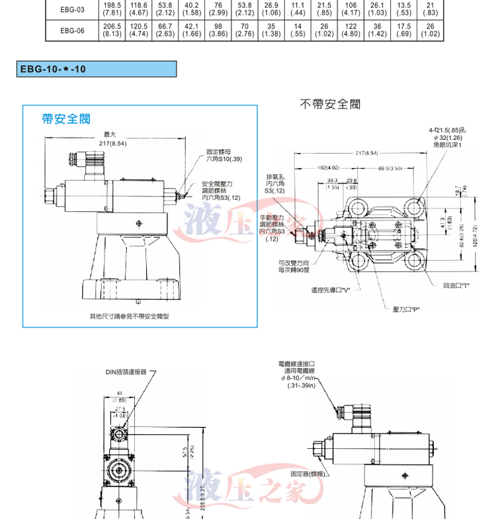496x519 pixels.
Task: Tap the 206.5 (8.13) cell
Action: pos(112,30)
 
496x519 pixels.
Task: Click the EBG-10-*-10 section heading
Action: pos(53,68)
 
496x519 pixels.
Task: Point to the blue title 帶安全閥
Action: pos(65,118)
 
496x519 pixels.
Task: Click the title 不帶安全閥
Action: pos(330,104)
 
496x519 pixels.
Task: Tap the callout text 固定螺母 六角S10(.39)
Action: pos(224,156)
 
